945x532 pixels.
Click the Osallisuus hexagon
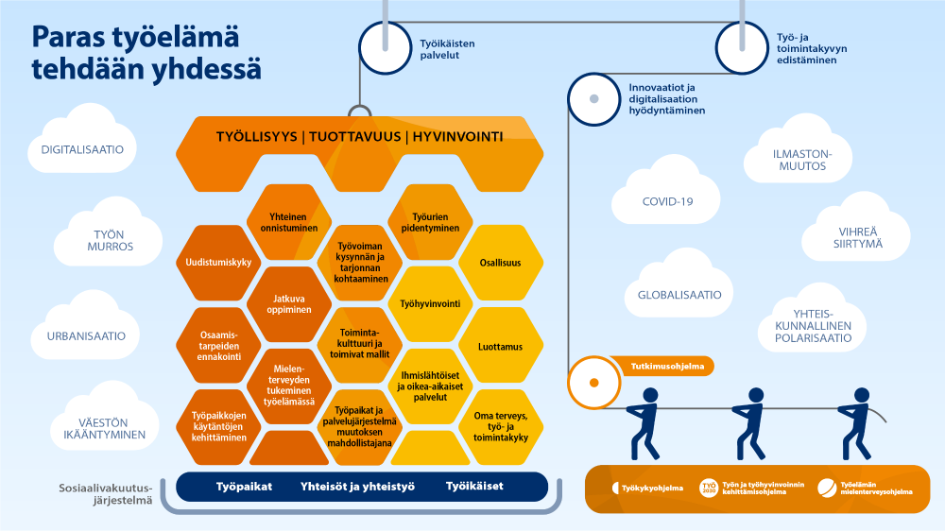507,264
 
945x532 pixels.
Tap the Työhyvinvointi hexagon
431,304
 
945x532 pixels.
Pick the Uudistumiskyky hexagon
212,263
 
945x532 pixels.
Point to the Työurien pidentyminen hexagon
431,221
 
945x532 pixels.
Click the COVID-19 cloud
667,201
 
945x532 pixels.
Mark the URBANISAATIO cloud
86,335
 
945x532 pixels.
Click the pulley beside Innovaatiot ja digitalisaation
594,99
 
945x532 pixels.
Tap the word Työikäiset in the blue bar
474,487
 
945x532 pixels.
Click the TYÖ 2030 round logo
709,488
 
